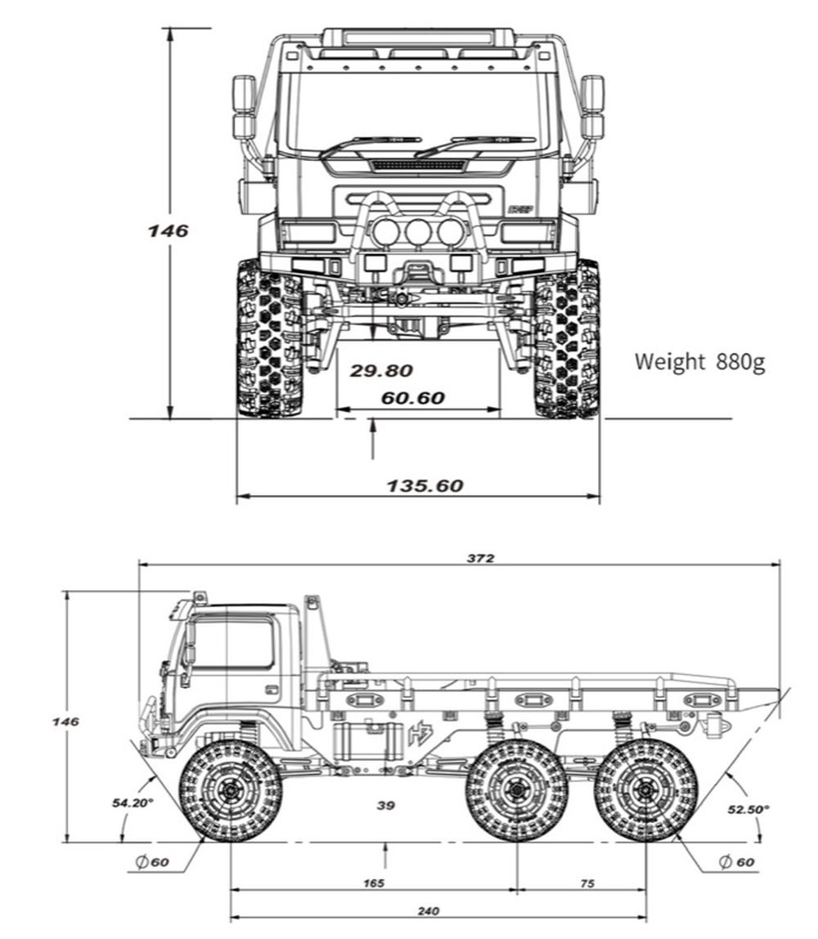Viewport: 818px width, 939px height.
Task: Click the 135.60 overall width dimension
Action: click(x=425, y=485)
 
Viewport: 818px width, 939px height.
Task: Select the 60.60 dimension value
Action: click(x=412, y=398)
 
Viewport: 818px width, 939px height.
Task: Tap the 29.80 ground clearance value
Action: click(x=381, y=371)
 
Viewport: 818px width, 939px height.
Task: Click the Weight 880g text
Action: click(x=699, y=361)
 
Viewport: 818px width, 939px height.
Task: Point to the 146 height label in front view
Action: click(x=168, y=231)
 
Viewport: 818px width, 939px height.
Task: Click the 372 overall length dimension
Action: click(x=481, y=558)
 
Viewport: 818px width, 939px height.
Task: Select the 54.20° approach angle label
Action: click(x=133, y=803)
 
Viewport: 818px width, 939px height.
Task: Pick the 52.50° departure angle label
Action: click(x=748, y=809)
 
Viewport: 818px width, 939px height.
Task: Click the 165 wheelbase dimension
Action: click(x=375, y=883)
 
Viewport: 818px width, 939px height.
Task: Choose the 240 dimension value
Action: click(x=428, y=911)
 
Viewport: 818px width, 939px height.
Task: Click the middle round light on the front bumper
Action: click(x=418, y=232)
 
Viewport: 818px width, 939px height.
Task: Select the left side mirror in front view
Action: click(x=244, y=106)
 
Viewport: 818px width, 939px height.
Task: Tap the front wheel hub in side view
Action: click(x=230, y=790)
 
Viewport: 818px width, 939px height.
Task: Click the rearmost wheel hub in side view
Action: click(x=645, y=790)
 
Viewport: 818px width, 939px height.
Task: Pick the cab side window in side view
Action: click(x=232, y=643)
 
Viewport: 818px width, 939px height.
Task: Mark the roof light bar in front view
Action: click(x=418, y=38)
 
